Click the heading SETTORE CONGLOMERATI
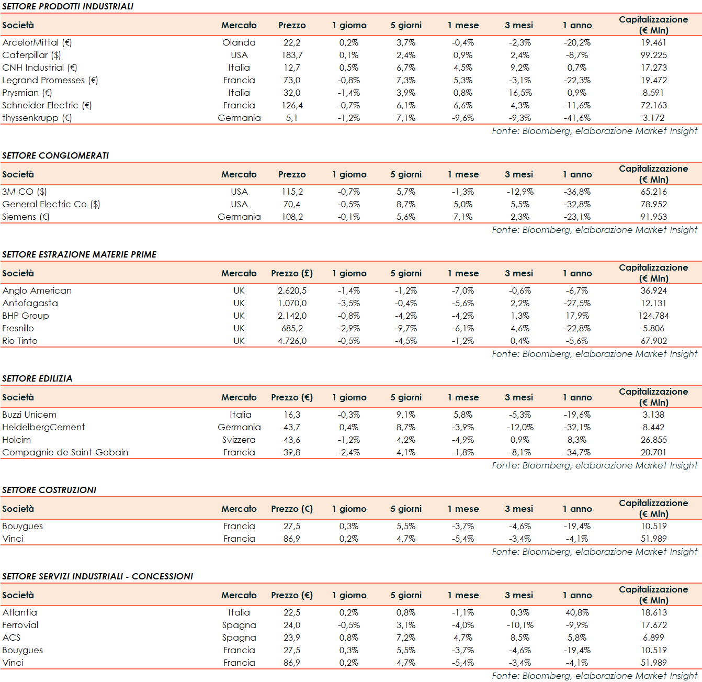[55, 155]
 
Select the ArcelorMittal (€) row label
[37, 42]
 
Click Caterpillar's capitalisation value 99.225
[653, 55]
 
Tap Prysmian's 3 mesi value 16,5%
[520, 93]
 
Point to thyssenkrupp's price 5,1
[292, 118]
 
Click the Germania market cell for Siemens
[239, 217]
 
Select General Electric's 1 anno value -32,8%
[577, 204]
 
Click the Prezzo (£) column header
[292, 273]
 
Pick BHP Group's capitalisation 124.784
[653, 316]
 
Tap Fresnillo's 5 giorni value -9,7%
[406, 328]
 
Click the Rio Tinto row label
[20, 341]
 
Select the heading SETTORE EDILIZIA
[37, 378]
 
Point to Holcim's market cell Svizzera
[239, 440]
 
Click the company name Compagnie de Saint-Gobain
[65, 452]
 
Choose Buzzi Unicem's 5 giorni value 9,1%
[406, 415]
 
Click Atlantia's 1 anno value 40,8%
[577, 612]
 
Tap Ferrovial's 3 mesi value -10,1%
[520, 625]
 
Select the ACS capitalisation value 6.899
[653, 638]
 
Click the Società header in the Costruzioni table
[18, 509]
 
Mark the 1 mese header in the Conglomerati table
[463, 174]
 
